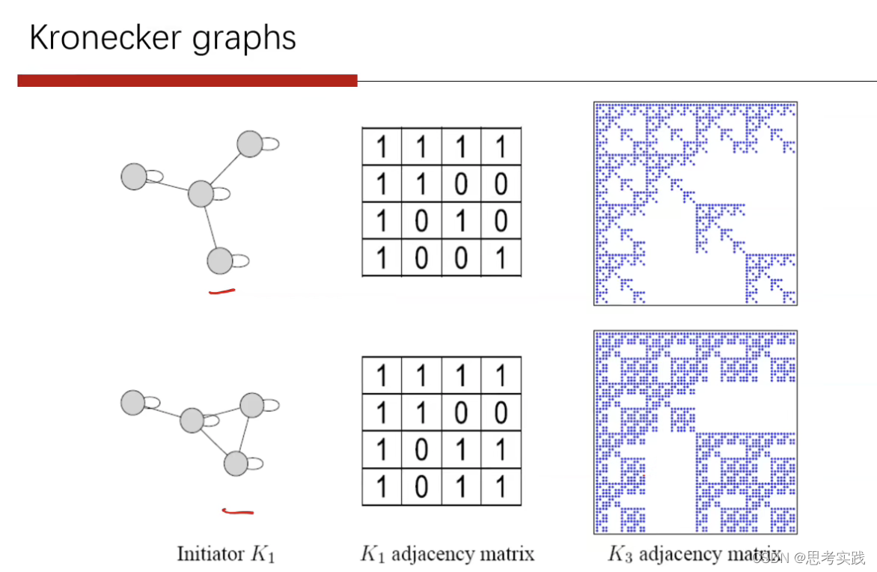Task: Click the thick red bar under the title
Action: point(187,80)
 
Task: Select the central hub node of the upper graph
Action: point(201,193)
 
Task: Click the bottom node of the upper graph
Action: point(219,261)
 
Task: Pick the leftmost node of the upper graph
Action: point(134,177)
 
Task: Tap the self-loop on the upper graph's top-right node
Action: point(269,144)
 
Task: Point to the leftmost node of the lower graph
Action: point(133,402)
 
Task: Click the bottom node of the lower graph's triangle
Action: point(236,463)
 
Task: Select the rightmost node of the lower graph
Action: point(252,405)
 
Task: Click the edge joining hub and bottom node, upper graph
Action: point(210,228)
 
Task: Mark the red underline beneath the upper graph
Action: point(221,290)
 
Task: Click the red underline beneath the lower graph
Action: point(238,512)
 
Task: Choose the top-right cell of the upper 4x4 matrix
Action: point(501,147)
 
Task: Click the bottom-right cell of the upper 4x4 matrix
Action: point(501,258)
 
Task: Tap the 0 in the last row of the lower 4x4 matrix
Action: point(421,487)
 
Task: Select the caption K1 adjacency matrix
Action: point(447,554)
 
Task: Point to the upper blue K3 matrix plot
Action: point(695,204)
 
